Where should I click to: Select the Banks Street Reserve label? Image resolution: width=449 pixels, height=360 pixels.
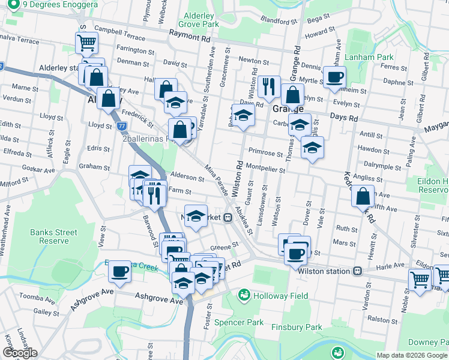tap(54, 236)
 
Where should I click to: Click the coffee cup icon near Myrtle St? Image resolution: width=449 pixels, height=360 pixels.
tap(335, 77)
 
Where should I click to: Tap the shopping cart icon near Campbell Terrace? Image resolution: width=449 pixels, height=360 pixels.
tap(86, 43)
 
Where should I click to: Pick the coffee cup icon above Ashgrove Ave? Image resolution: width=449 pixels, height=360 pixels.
tap(119, 271)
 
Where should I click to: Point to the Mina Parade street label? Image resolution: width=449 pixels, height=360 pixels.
tap(217, 179)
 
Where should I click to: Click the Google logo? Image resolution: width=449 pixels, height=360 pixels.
tap(20, 353)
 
